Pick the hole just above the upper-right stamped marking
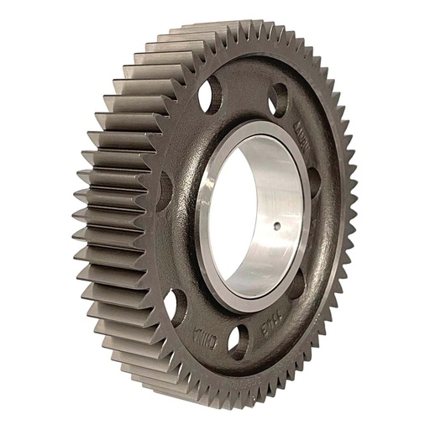point(278,102)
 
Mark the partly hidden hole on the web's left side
point(165,186)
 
